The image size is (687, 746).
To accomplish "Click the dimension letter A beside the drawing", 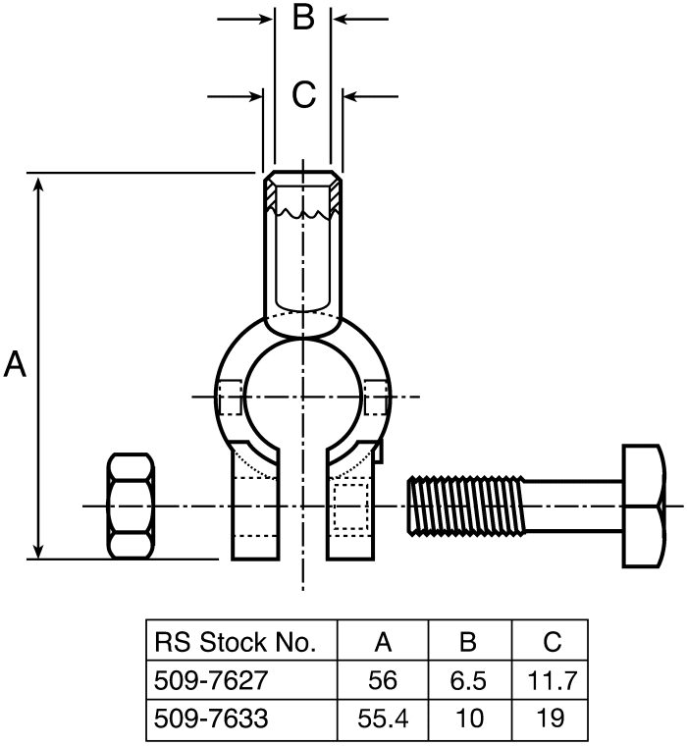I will click(x=17, y=365).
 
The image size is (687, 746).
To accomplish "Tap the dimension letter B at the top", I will click(x=304, y=18).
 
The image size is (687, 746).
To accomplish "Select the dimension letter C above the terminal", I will click(x=304, y=95).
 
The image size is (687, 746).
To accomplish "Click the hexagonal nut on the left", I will click(x=131, y=506).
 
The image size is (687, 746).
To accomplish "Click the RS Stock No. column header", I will click(x=236, y=643).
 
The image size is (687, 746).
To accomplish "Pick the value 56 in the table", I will click(x=383, y=680).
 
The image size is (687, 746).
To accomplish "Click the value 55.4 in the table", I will click(x=383, y=719).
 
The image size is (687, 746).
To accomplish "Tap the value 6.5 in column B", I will click(x=468, y=680).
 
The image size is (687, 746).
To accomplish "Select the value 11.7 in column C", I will click(x=552, y=680).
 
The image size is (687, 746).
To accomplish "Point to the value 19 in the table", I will click(x=552, y=719).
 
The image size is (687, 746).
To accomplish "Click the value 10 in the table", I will click(x=468, y=719).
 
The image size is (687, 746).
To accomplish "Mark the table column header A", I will click(x=383, y=643).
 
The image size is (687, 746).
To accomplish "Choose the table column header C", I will click(x=552, y=643).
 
